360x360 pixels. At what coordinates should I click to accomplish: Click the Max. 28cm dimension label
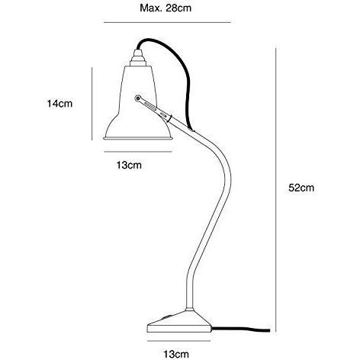coord(166,8)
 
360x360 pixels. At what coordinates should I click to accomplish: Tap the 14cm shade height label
coord(59,104)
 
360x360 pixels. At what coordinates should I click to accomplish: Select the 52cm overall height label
coord(301,188)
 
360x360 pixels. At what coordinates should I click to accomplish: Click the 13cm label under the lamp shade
coord(129,165)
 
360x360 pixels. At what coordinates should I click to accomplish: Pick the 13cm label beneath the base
coord(176,354)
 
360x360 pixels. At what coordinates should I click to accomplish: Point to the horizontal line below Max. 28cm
coord(167,22)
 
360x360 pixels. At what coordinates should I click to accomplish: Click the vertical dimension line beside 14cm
coord(92,104)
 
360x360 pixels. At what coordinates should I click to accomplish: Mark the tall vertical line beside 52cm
coord(275,190)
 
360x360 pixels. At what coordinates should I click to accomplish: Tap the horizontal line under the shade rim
coord(138,152)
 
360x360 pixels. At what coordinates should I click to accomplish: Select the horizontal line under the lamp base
coord(179,341)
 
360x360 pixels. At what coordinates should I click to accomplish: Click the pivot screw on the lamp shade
coord(137,98)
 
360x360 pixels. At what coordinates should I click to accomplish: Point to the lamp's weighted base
coord(179,322)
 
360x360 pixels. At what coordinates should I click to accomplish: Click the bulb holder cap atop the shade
coord(138,58)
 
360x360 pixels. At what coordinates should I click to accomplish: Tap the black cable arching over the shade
coord(178,63)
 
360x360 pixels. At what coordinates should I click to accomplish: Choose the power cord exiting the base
coord(240,329)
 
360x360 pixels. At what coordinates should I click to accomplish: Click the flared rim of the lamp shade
coord(138,138)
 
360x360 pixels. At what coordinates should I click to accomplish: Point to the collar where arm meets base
coord(189,310)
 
